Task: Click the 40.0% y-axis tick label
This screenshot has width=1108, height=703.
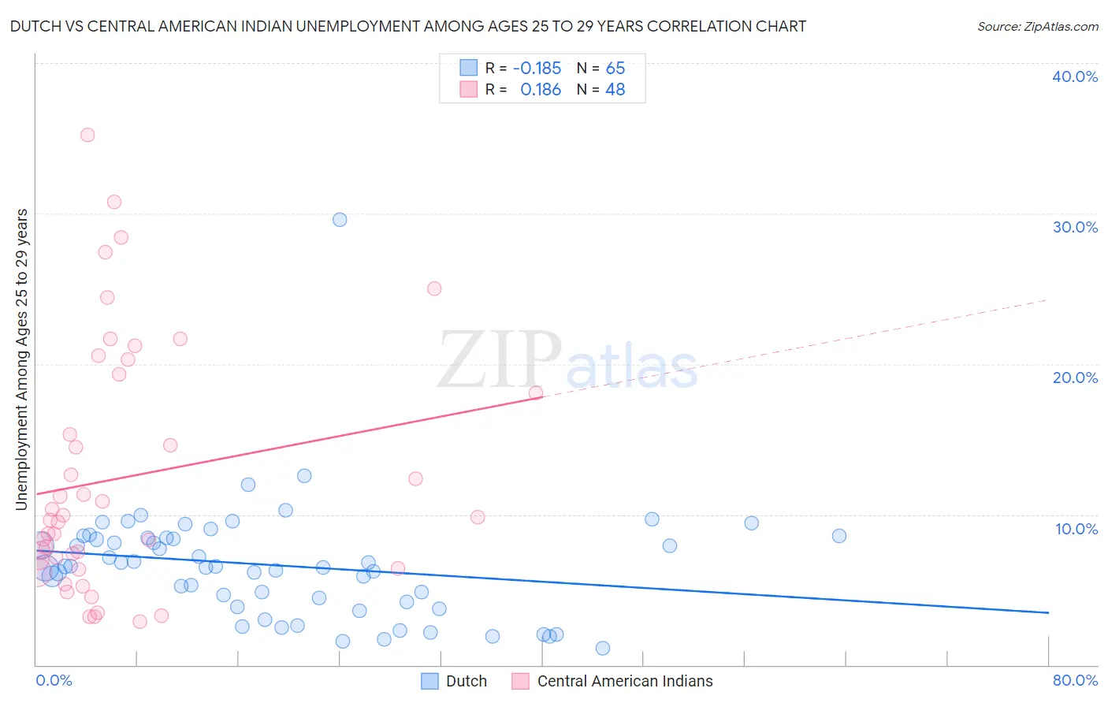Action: (x=1075, y=76)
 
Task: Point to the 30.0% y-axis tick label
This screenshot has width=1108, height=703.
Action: (x=1075, y=227)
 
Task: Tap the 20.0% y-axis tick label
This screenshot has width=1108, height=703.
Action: (x=1075, y=378)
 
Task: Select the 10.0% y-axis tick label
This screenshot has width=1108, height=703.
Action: (x=1076, y=529)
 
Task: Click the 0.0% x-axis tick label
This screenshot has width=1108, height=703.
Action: (x=54, y=681)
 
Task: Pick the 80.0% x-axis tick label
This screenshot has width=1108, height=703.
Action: (x=1075, y=681)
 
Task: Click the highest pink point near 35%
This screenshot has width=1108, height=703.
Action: (x=87, y=135)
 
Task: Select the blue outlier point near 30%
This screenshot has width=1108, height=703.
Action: (x=340, y=220)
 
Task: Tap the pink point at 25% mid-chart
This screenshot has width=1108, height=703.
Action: (x=434, y=288)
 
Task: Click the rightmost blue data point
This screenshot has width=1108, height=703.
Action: (x=839, y=536)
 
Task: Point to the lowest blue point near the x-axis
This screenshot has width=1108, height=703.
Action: (x=603, y=648)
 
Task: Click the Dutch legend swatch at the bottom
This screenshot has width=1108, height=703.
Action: (x=429, y=681)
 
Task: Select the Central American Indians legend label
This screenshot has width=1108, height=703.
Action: (x=625, y=681)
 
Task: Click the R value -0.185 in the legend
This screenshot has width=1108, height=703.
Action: (x=537, y=68)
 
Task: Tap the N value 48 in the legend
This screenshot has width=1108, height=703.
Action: (x=615, y=90)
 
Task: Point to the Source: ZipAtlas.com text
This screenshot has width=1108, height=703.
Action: (x=1037, y=26)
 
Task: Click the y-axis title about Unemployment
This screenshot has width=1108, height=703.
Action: (x=22, y=359)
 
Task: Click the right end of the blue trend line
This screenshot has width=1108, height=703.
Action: (x=1048, y=612)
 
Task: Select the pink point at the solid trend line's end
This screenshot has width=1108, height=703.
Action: (x=536, y=392)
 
